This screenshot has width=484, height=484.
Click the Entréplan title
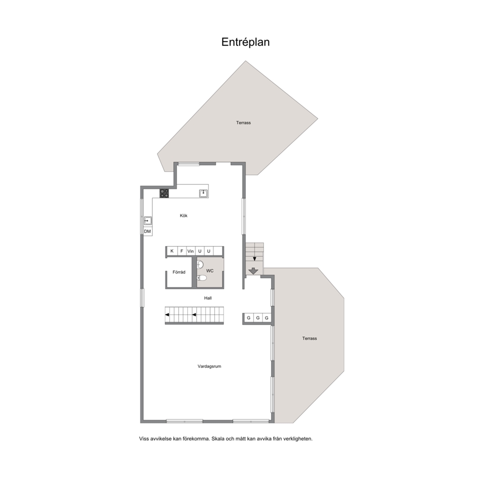point(245,42)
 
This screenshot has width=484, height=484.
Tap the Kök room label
point(183,216)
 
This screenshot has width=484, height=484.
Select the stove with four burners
point(164,193)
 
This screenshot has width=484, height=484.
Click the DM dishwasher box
point(147,231)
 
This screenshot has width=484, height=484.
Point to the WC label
point(210,271)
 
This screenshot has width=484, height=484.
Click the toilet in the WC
point(202,278)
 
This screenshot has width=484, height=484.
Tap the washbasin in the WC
point(201,264)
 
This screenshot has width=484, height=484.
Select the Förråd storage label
point(179,272)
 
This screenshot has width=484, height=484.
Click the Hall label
point(208,298)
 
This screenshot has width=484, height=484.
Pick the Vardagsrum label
point(209,366)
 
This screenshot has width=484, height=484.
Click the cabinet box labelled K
point(172,251)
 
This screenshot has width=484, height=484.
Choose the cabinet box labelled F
point(182,251)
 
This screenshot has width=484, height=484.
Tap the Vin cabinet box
point(191,251)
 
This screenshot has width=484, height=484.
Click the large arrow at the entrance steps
point(253,271)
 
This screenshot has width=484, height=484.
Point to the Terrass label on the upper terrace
point(243,122)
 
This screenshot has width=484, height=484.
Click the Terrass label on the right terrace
point(310,338)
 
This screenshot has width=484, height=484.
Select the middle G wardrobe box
point(258,318)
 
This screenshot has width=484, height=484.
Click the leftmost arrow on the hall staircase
point(167,315)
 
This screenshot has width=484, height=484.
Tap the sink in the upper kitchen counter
point(203,193)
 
